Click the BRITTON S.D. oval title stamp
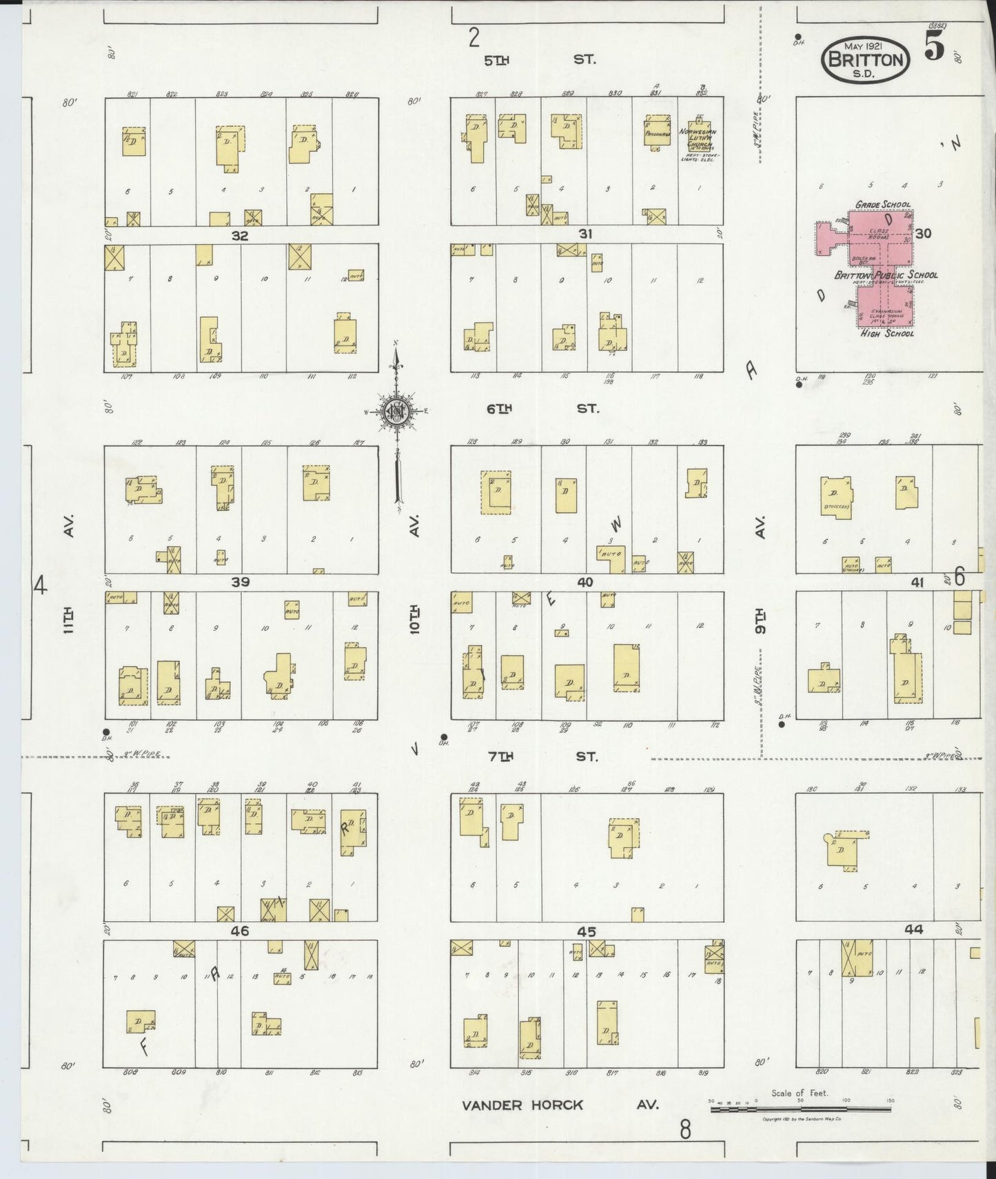[865, 60]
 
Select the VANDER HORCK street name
[522, 1105]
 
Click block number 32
[239, 235]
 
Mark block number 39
[240, 583]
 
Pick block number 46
[240, 931]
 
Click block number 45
[586, 931]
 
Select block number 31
[585, 234]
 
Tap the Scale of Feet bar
[800, 1109]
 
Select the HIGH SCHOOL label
[886, 334]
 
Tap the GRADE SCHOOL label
[882, 205]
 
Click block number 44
[914, 929]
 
